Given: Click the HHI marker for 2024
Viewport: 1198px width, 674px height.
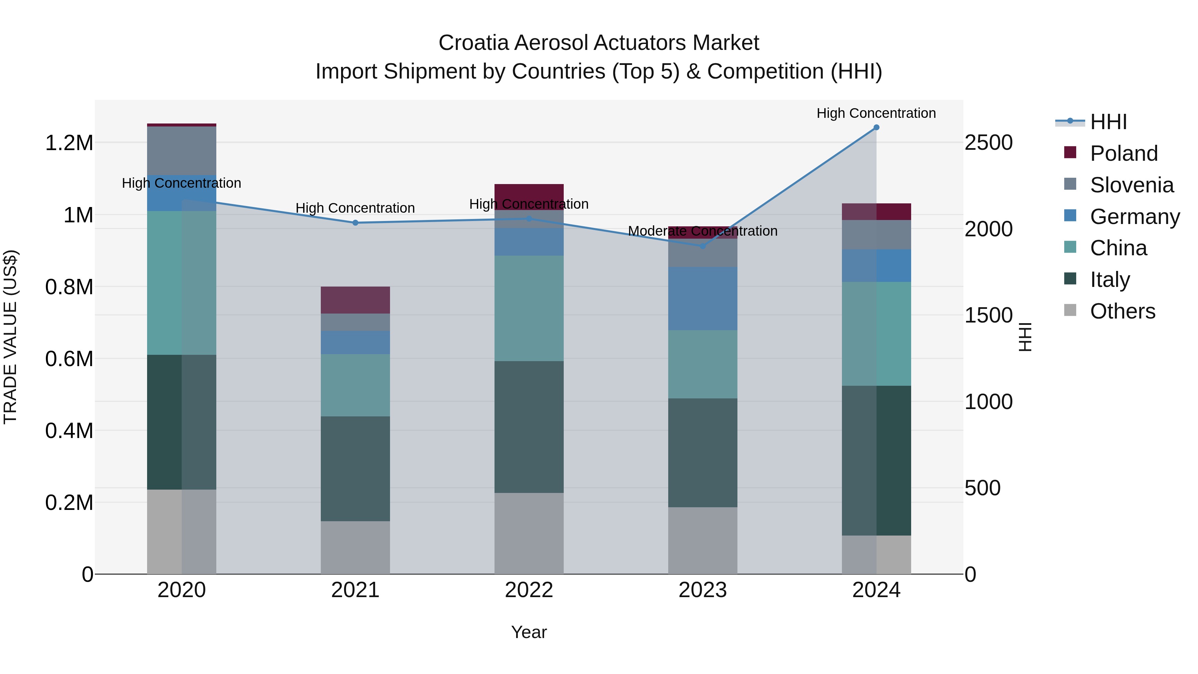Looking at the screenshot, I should coord(876,127).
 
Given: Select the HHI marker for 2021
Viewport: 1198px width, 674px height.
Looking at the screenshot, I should coord(355,223).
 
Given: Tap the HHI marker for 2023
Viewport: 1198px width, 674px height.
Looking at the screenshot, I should coord(703,246).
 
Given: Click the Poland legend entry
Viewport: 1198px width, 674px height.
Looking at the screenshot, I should coord(1123,153).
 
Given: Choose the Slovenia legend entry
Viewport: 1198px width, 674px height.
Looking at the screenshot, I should coord(1131,185).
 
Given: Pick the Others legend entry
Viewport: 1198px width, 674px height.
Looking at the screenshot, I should coord(1122,311).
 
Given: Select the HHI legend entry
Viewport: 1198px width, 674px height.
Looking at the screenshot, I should coord(1108,122).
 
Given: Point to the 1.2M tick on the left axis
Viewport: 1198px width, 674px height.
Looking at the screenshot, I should coord(69,143).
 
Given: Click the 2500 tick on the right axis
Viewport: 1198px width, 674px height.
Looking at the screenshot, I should coord(988,143).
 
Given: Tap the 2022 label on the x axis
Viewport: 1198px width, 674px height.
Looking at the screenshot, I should coord(529,590).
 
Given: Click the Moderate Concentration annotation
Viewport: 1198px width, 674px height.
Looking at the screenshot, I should coord(702,231).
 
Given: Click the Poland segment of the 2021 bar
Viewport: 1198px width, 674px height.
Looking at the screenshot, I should coord(355,300).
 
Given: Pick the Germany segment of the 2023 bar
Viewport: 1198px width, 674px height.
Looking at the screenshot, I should coord(703,299).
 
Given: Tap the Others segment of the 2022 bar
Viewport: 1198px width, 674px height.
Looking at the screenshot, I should coord(529,533).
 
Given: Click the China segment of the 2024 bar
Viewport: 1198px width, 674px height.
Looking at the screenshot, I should coord(876,334).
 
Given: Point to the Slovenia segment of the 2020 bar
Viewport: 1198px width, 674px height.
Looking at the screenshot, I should coord(181,151).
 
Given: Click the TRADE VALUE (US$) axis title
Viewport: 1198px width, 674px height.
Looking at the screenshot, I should coord(10,337).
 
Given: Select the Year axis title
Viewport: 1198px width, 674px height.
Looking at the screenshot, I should coord(529,632).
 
